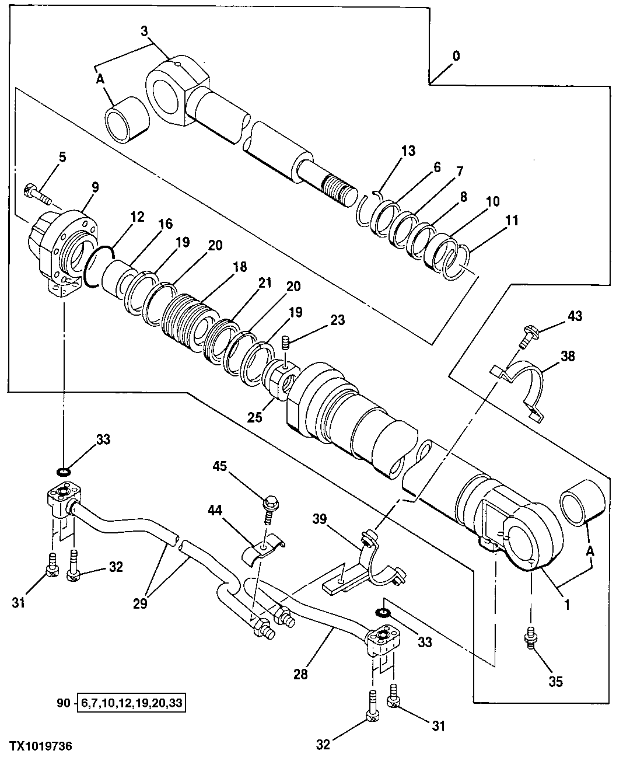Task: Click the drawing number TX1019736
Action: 41,746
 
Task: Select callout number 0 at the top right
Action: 456,56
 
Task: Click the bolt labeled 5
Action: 36,192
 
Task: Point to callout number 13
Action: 408,151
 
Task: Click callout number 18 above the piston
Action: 239,267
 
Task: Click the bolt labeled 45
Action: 271,503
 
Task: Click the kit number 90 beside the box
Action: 63,703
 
